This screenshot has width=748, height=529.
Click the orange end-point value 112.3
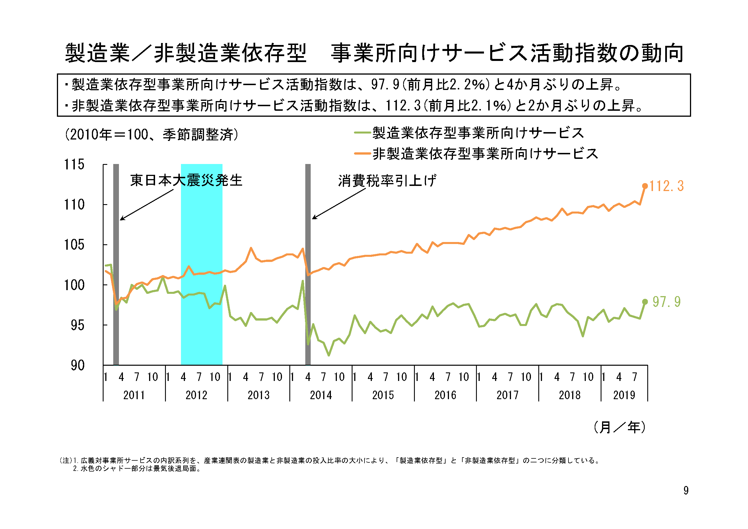click(x=666, y=186)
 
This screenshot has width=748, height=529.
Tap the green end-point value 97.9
click(x=666, y=302)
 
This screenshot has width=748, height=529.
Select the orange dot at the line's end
click(x=645, y=186)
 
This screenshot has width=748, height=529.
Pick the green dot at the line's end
click(x=645, y=302)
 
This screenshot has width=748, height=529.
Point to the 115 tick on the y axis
click(x=74, y=165)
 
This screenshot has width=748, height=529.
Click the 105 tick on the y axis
click(x=74, y=245)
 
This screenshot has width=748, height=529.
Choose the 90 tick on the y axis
click(x=78, y=365)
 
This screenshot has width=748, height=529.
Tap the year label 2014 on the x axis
click(x=321, y=395)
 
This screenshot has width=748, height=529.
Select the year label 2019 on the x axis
click(x=624, y=395)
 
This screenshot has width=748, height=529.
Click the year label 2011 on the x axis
click(x=134, y=395)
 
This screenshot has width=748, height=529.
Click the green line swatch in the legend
click(x=362, y=133)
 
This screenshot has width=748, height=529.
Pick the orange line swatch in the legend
click(x=362, y=153)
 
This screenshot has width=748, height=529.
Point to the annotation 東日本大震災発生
click(x=186, y=180)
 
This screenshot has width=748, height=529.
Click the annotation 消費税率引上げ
click(x=387, y=181)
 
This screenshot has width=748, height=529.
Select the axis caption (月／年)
click(x=619, y=427)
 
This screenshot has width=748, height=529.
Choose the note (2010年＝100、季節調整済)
click(x=151, y=134)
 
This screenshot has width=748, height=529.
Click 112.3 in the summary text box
click(x=403, y=105)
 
